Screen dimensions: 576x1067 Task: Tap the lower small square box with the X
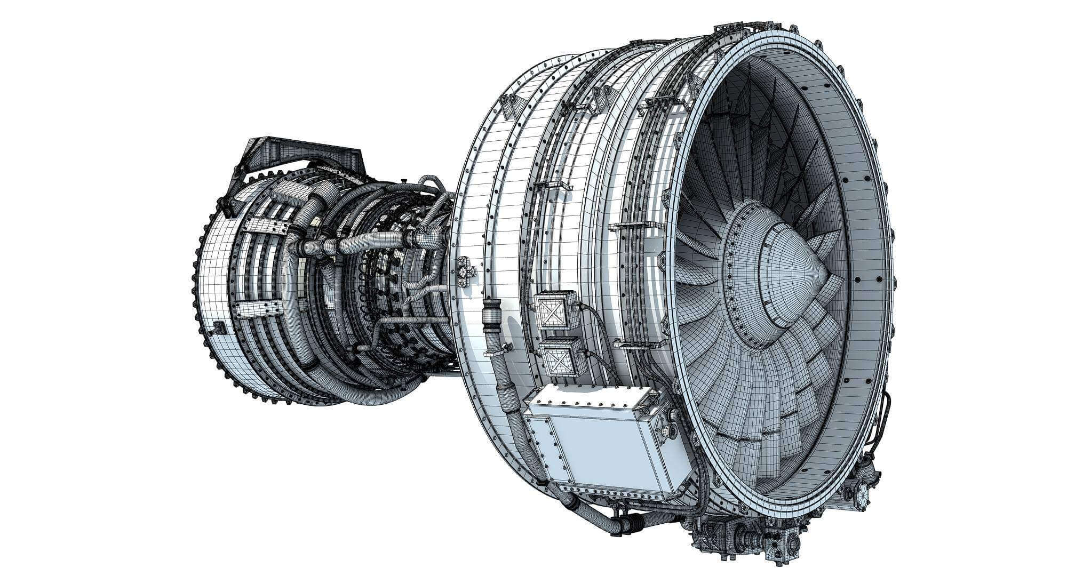click(558, 355)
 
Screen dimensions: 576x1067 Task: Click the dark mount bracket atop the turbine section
click(299, 155)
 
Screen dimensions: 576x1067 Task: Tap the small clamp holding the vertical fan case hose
click(497, 352)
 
